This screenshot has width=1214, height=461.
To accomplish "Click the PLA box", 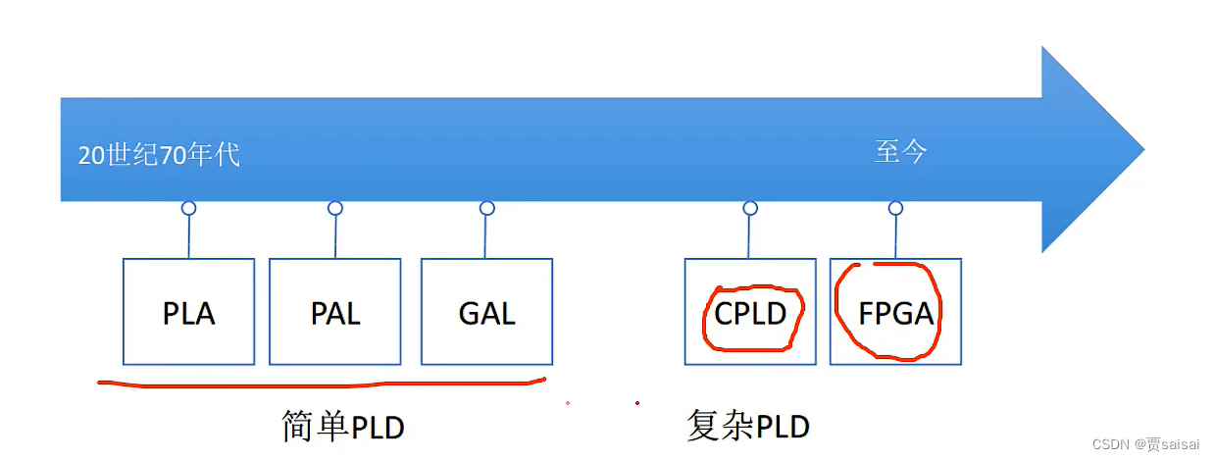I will pos(188,312).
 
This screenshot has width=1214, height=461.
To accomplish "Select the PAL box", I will pos(334,312).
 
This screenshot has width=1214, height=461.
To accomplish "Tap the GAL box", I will pos(486,312).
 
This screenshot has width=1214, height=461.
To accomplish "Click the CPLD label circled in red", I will pos(751,314).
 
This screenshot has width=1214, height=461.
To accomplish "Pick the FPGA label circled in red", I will pos(894,314).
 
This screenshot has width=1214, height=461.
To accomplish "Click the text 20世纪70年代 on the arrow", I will pos(159,155).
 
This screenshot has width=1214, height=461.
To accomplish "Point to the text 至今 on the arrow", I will pos(900,151).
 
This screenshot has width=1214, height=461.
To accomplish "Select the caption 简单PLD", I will pos(342,428).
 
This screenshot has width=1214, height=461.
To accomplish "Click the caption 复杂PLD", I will pos(748,427).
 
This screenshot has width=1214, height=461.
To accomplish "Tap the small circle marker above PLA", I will pos(189,208).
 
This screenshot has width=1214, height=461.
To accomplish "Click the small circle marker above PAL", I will pos(335,208).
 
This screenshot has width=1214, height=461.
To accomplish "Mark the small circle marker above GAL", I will pos(487,208).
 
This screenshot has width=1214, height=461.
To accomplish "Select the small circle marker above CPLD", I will pos(750,208).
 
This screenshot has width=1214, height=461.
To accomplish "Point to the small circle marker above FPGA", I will pos(895,208).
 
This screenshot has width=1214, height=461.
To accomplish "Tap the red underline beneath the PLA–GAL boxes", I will pos(324,384).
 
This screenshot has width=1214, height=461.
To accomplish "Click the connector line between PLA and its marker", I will pos(189,236).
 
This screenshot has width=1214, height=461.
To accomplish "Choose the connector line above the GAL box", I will pos(487,236).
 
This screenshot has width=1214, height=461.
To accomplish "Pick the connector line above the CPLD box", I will pos(750,236).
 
